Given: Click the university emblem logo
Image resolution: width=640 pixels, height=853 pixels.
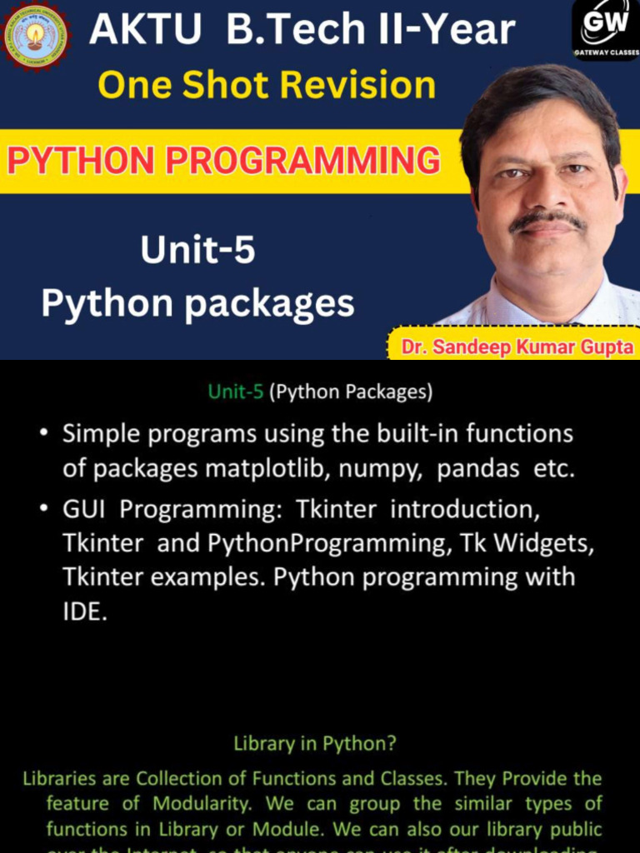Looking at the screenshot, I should pyautogui.click(x=35, y=36).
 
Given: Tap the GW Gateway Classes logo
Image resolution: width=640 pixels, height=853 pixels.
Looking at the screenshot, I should pyautogui.click(x=605, y=29).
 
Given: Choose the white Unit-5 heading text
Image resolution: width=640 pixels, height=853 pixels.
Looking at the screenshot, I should pyautogui.click(x=197, y=251).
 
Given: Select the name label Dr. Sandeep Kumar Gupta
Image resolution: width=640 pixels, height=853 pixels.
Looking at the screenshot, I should pyautogui.click(x=517, y=347).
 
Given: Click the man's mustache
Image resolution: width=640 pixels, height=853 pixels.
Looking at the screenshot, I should pyautogui.click(x=547, y=220).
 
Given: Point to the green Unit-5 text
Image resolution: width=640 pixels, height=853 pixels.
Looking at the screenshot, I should pyautogui.click(x=236, y=392).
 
